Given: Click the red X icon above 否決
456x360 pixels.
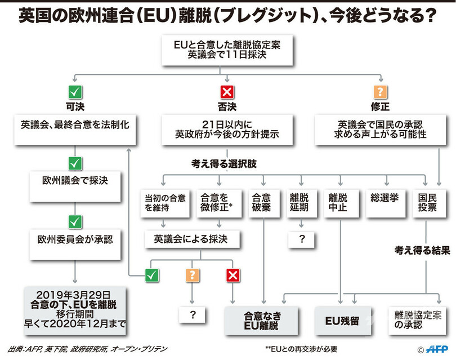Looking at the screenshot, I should coord(227,92).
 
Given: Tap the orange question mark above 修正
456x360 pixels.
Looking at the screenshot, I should coord(381,92).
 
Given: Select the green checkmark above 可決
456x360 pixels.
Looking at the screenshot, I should coord(74,92).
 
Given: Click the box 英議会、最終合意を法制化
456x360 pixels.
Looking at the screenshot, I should coord(75,125).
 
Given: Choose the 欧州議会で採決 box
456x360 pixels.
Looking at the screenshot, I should coord(75,181).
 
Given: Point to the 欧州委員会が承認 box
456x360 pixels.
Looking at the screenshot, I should coord(75,239).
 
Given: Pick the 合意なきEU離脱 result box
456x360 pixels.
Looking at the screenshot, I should coord(262,321).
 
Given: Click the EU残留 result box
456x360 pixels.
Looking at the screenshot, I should coord(342,321).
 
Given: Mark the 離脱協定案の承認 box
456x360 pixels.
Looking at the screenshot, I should coord(417,321).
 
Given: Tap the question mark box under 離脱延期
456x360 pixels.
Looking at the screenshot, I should coord(302,239).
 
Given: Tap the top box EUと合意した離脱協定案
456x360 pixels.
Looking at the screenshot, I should coord(227,50).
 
